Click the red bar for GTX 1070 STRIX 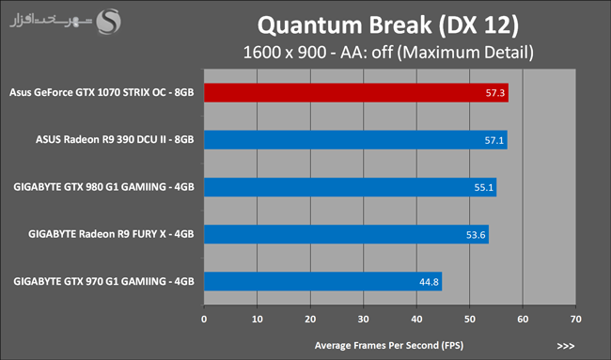coord(356,93)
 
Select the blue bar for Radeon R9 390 coord(355,140)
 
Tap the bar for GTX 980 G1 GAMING coord(351,187)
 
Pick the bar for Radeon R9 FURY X coord(347,234)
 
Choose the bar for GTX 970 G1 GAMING coord(323,281)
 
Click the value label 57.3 coord(494,93)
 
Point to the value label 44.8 coord(429,282)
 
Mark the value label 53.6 coord(476,235)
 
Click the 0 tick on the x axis coord(204,319)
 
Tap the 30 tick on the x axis coord(364,319)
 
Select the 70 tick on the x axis coord(576,319)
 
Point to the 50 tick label coord(470,319)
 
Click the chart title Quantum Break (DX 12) coord(388,25)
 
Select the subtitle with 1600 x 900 coord(388,53)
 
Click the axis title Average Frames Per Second coord(389,346)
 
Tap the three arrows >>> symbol coord(566,346)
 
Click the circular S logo coord(109,22)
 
